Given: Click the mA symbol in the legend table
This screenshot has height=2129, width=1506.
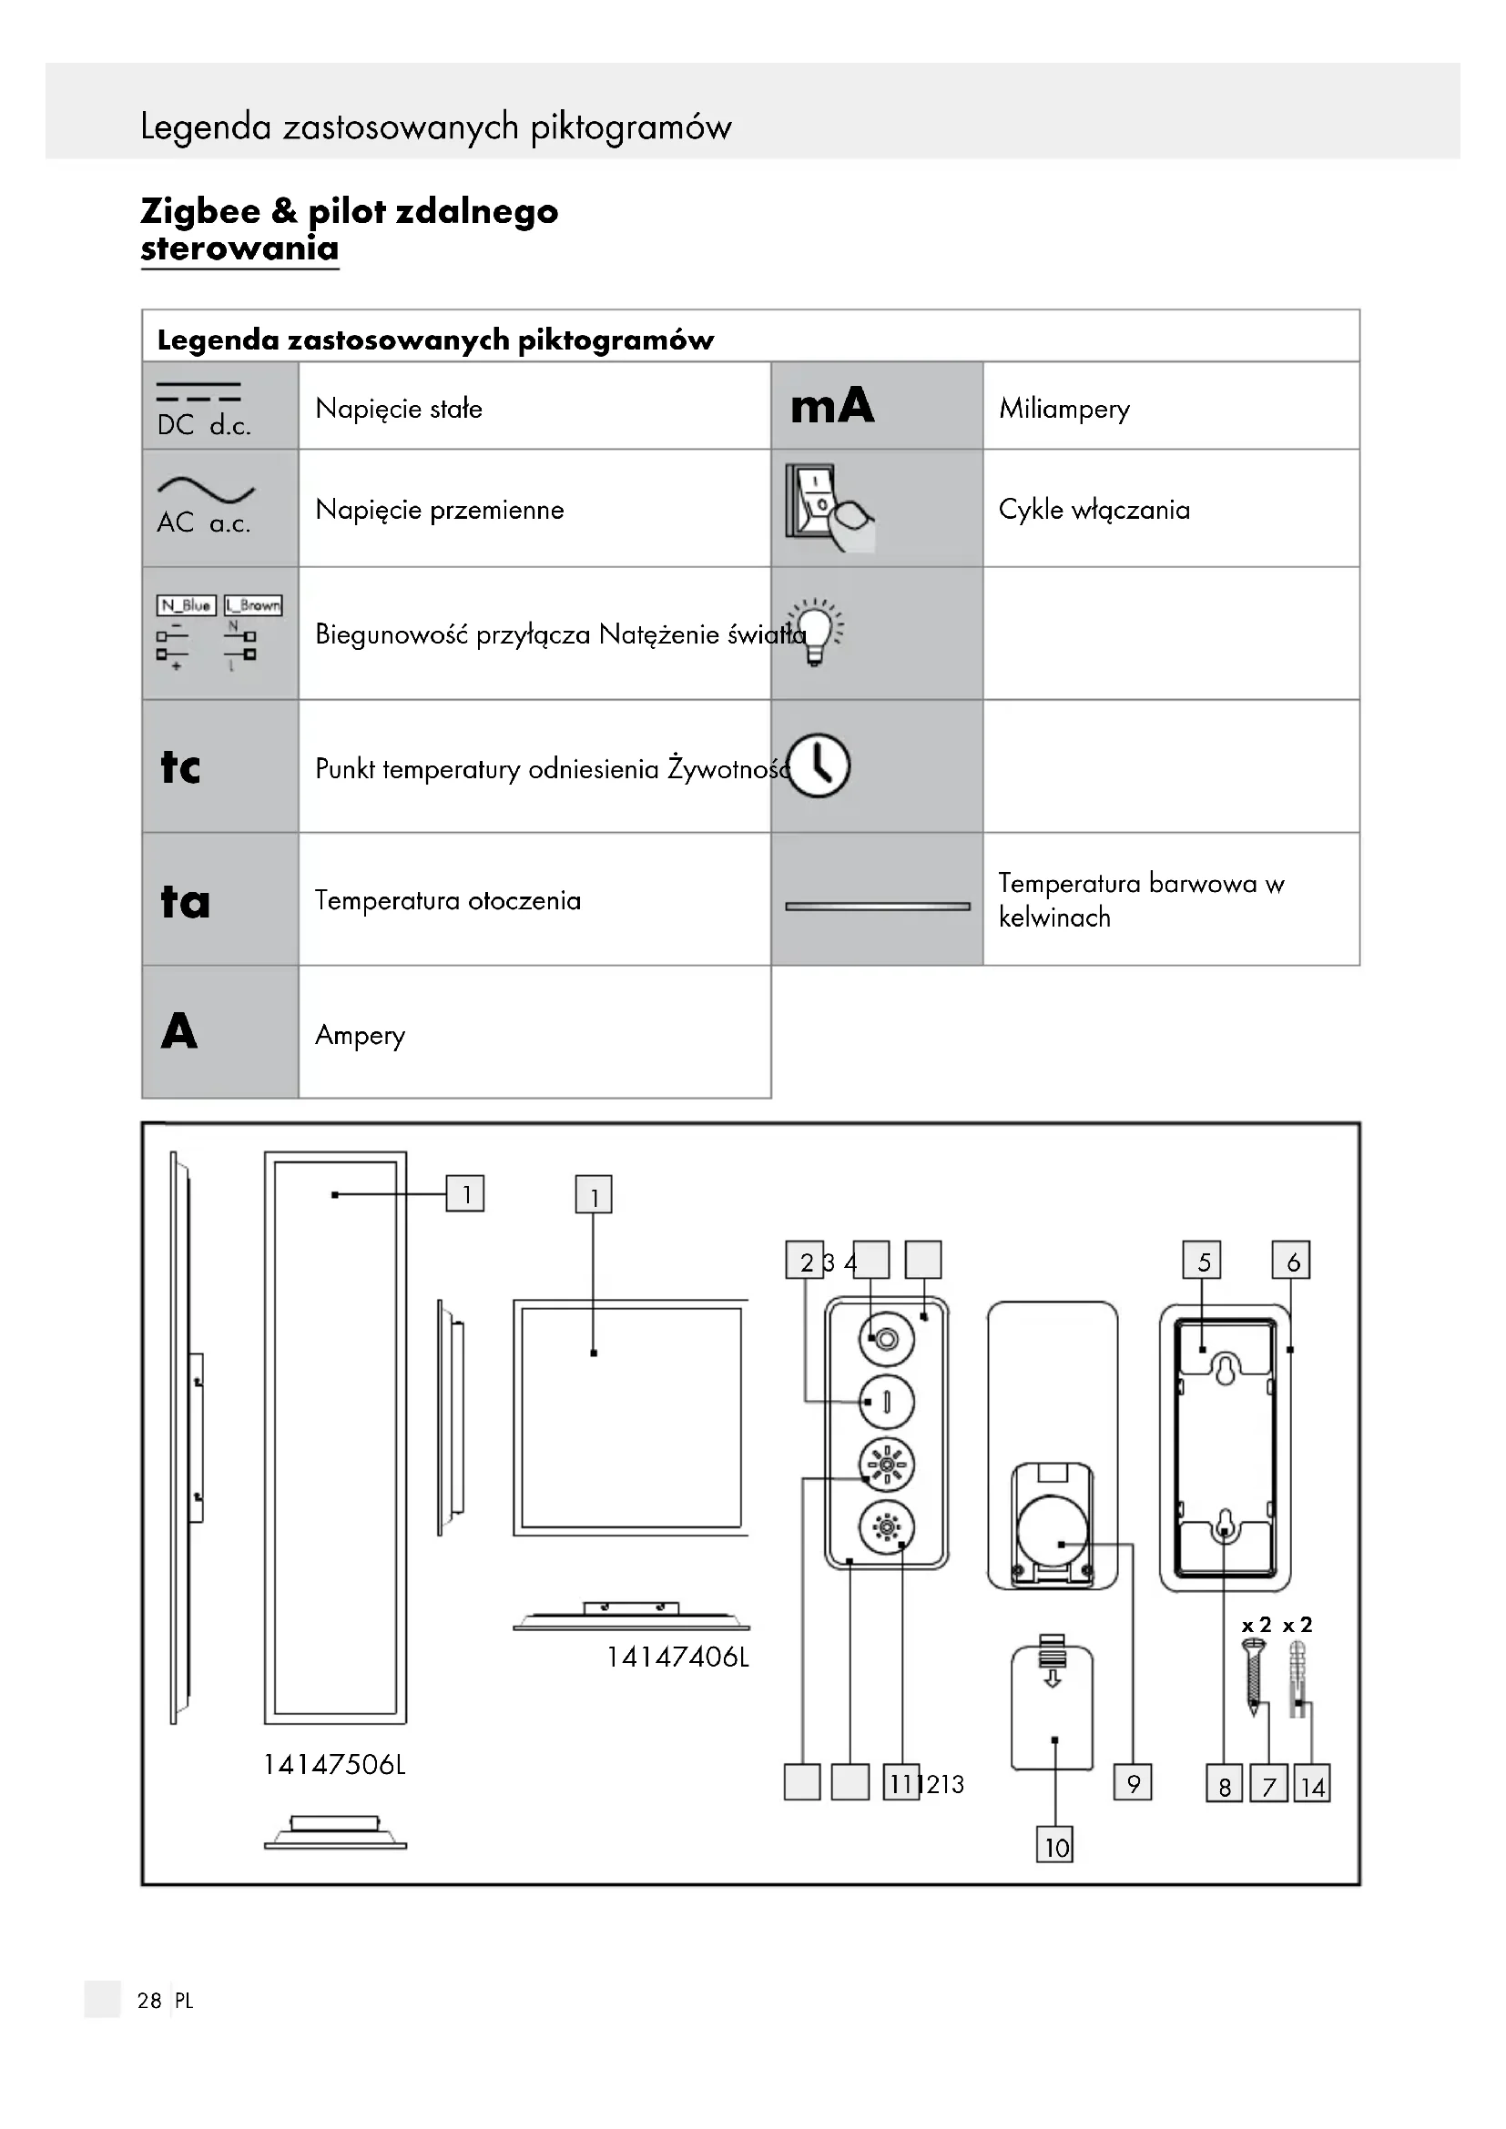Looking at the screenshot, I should coord(832,406).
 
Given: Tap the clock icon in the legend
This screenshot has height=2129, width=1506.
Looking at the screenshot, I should coord(819,765).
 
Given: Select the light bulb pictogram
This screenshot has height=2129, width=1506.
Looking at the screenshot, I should coord(815,631).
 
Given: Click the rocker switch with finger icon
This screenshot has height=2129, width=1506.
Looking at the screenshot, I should coord(828,508).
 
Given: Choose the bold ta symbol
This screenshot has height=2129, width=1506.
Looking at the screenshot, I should coord(185,901).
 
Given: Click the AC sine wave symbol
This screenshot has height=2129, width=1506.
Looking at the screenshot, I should coord(205,490).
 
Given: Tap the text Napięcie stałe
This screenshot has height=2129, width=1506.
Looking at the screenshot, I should coord(399,409).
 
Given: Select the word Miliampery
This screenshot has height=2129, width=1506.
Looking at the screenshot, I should coord(1063,409).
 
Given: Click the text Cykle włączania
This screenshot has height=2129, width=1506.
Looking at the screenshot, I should coord(1094,510).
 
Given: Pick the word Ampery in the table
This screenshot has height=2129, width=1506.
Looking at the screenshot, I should coord(360,1035).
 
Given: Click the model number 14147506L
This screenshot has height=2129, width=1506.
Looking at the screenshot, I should coord(334,1764).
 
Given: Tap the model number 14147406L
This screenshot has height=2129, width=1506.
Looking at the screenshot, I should coord(677,1657).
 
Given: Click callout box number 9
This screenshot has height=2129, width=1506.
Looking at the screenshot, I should coord(1133,1782).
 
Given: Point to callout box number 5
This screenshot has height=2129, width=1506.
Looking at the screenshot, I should coord(1202,1261).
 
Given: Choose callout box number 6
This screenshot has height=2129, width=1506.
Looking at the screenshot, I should coord(1291,1261).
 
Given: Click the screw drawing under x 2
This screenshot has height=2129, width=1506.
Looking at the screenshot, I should coord(1253,1677).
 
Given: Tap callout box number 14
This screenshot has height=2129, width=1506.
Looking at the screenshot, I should coord(1311,1784).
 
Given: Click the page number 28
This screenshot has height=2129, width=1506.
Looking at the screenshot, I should coord(149,2000).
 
